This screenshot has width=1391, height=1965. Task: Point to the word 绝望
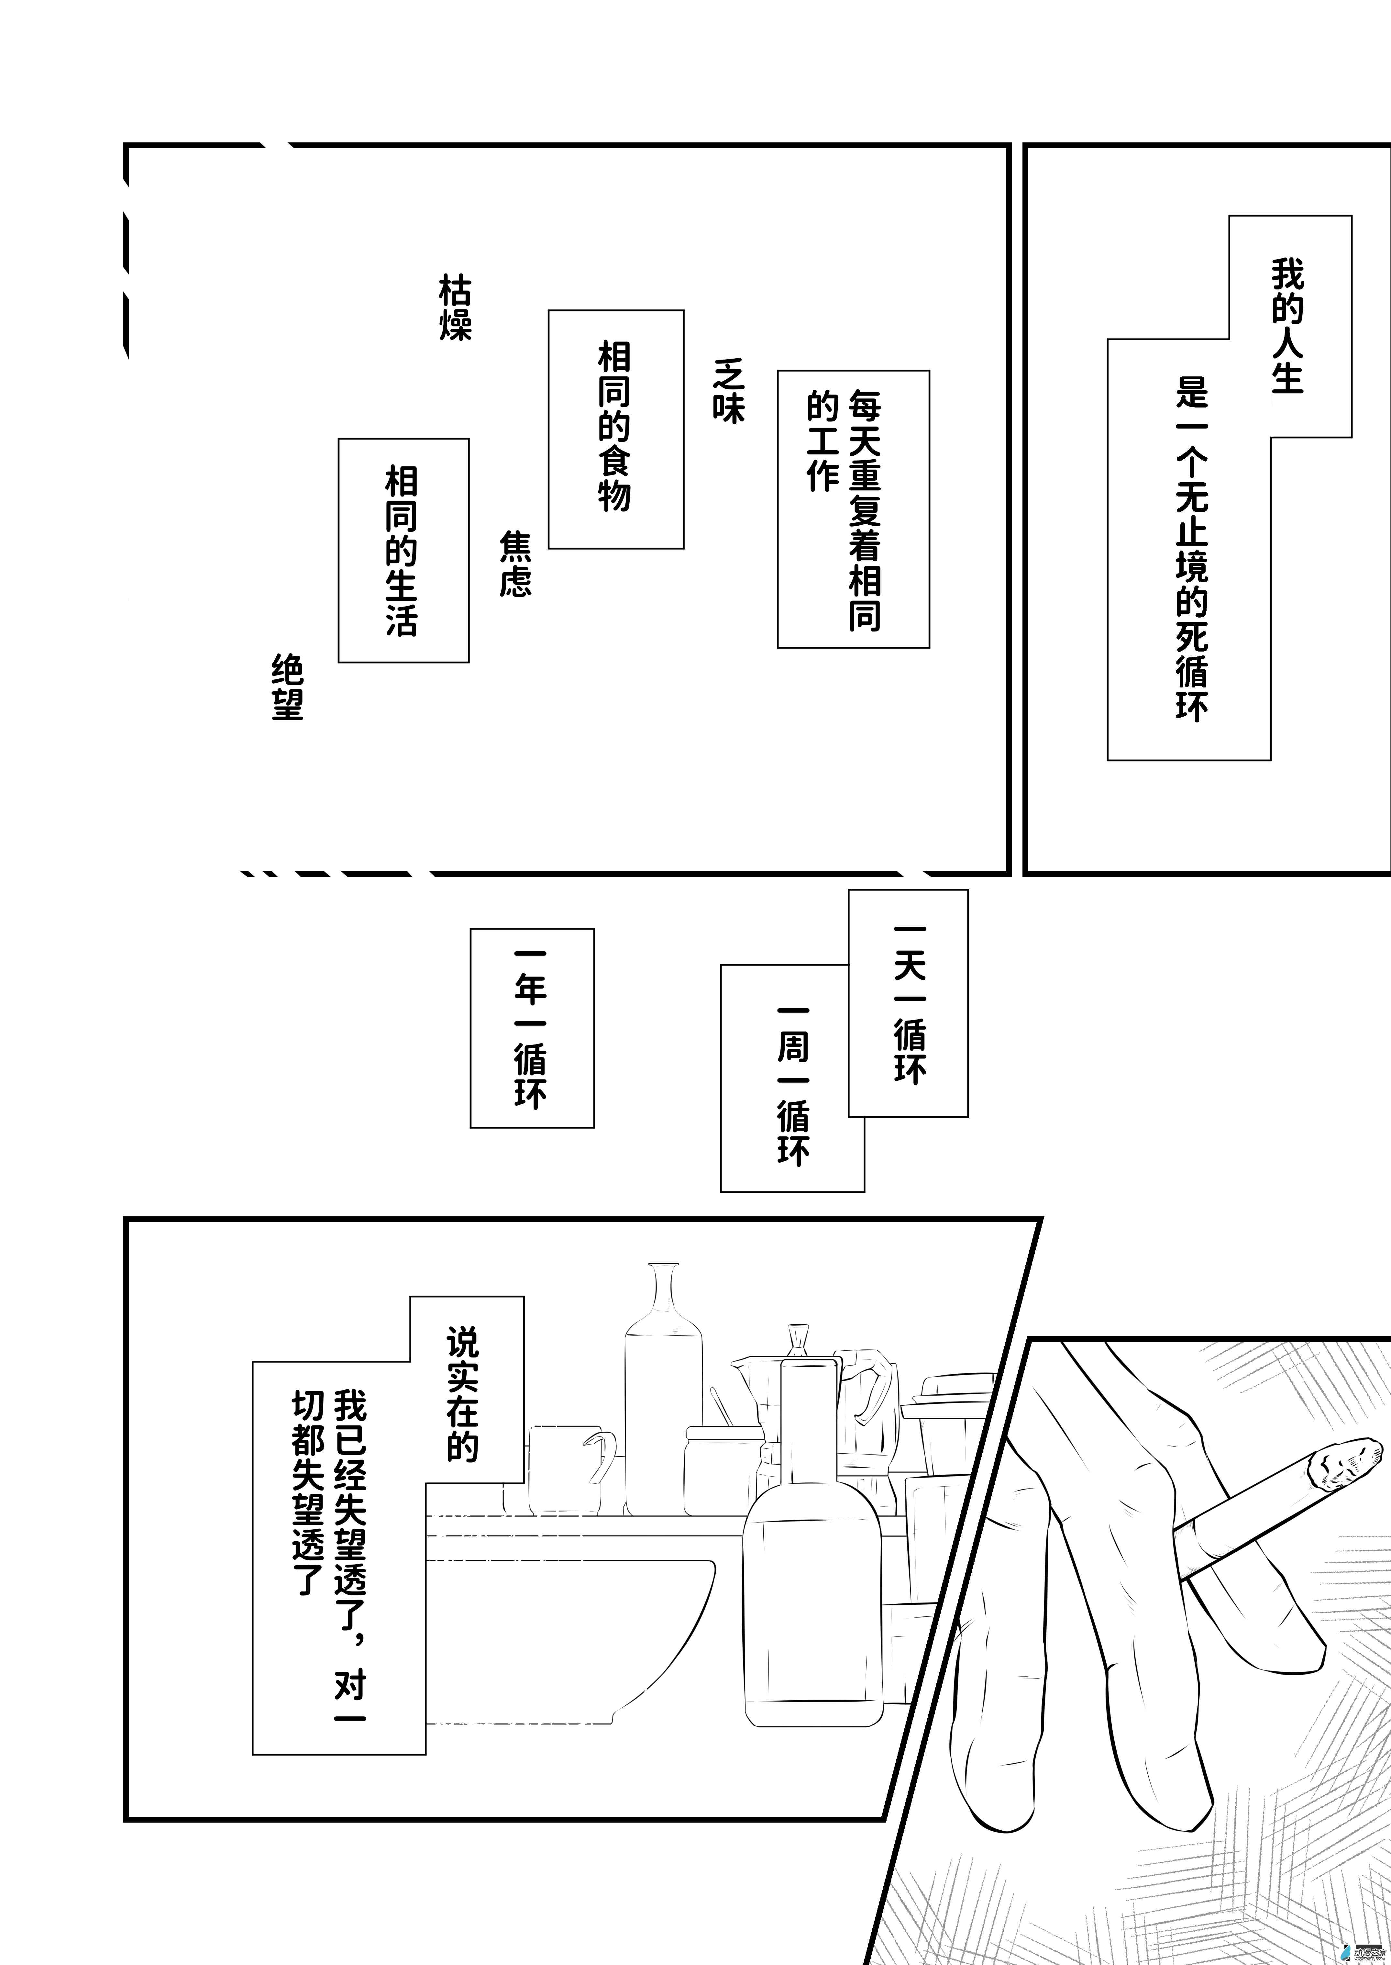pyautogui.click(x=288, y=688)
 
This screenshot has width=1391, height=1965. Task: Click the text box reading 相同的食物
pyautogui.click(x=615, y=428)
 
